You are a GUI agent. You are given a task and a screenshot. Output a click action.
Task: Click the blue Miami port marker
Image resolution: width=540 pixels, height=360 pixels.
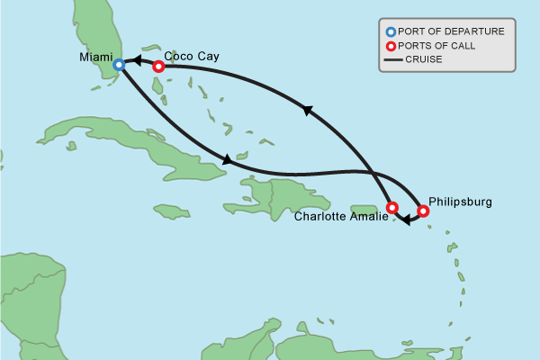[x=119, y=65]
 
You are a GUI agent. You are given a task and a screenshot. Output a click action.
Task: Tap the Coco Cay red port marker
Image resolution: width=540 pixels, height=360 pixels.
[x=158, y=66]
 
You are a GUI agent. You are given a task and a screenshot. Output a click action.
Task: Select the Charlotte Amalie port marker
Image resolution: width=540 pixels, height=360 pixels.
[x=391, y=208]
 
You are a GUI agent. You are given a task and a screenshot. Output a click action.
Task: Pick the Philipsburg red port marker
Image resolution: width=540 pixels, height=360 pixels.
[x=423, y=211]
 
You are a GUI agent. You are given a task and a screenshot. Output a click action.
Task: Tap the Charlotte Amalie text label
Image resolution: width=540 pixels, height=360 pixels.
[x=338, y=216]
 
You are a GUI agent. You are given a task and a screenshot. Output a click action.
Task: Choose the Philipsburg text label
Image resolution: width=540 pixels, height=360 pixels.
[x=460, y=202]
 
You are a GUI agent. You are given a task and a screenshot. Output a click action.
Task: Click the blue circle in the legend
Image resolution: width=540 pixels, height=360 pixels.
[x=390, y=31]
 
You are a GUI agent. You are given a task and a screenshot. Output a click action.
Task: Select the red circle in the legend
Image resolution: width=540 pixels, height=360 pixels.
[x=390, y=46]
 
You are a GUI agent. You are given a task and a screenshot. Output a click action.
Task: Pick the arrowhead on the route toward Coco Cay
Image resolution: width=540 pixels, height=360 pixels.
[x=307, y=111]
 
